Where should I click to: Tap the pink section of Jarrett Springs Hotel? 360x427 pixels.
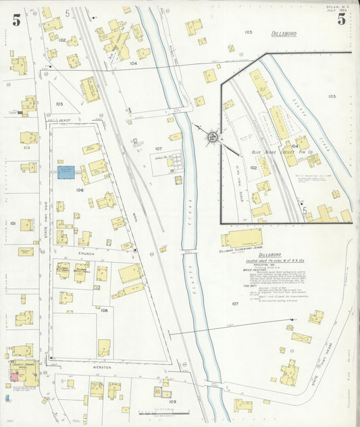(14, 375)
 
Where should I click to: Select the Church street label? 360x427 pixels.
(86, 254)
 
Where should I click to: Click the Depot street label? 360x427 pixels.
(66, 120)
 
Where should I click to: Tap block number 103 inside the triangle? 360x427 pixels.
(59, 104)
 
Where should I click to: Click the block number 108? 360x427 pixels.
(104, 310)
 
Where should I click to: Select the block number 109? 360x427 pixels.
(172, 401)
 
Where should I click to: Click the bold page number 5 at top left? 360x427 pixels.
(16, 20)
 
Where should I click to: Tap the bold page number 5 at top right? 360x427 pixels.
(342, 19)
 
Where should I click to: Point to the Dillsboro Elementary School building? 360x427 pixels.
(242, 238)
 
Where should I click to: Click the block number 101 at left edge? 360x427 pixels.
(12, 222)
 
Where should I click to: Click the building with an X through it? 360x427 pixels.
(301, 337)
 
